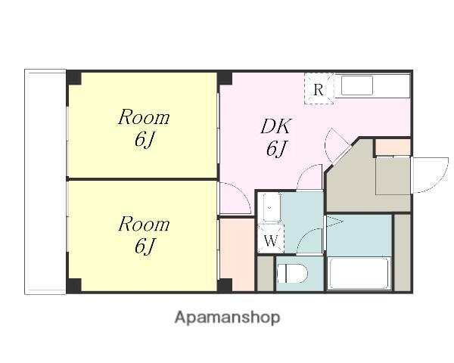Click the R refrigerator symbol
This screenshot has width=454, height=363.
[319, 89]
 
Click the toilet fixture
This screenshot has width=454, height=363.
[292, 273]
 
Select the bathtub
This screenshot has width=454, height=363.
[359, 273]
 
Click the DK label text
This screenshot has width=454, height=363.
[275, 126]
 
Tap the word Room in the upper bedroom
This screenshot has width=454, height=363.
[144, 117]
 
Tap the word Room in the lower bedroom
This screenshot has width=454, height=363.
[144, 224]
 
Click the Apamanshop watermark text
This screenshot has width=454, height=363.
[227, 318]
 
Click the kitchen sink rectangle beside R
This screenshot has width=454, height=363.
[357, 85]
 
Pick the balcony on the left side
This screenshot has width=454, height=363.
[45, 181]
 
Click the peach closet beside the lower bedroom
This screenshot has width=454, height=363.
[237, 255]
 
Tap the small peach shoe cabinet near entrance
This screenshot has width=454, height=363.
[393, 147]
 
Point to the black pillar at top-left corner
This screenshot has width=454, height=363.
[73, 78]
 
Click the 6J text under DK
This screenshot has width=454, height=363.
[276, 148]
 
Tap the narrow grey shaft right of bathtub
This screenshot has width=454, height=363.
[403, 253]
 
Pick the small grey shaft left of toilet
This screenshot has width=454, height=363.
[266, 274]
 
